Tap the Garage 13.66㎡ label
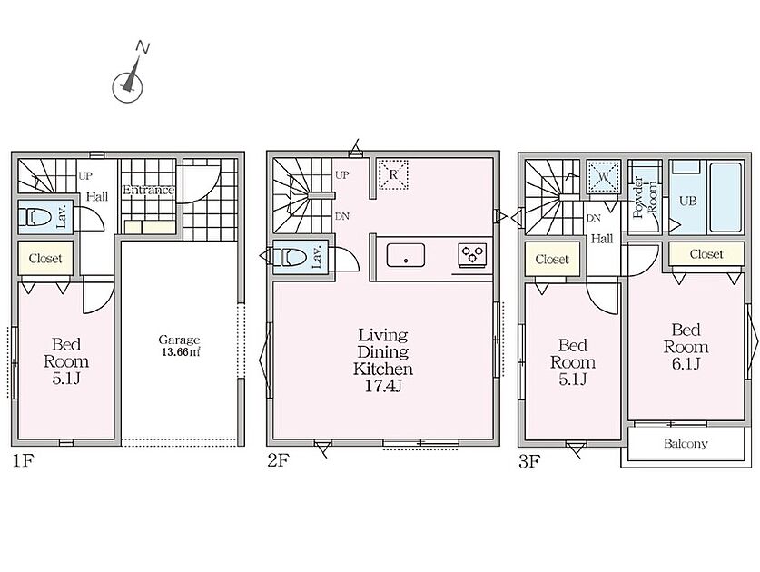click(x=180, y=346)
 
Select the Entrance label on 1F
click(x=148, y=190)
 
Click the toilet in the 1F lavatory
click(x=35, y=217)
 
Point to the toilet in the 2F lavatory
click(x=290, y=257)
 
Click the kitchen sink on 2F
click(x=406, y=255)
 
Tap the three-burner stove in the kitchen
click(x=472, y=255)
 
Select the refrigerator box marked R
click(x=393, y=174)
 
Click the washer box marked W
click(x=603, y=177)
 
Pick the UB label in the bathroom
click(x=687, y=200)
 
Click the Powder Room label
click(x=646, y=198)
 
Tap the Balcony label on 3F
click(x=686, y=444)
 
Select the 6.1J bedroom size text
click(x=686, y=363)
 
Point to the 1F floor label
click(x=23, y=460)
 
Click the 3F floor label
click(x=529, y=461)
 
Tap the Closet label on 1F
click(x=45, y=259)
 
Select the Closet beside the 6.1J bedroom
click(x=706, y=254)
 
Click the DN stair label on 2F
click(x=342, y=217)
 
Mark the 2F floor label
click(x=278, y=460)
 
